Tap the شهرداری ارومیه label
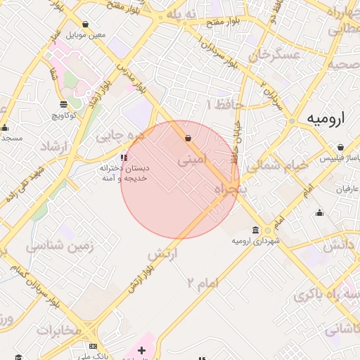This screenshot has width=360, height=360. (x=256, y=241)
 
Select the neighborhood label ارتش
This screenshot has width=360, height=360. (x=162, y=252)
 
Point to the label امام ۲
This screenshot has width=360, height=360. (x=203, y=283)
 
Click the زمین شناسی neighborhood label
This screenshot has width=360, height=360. (x=56, y=246)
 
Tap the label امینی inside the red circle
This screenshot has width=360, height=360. (x=193, y=160)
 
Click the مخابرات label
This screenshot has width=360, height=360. (x=59, y=330)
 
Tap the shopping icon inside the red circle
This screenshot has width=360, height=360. (x=188, y=138)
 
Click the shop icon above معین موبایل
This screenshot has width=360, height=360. (x=86, y=24)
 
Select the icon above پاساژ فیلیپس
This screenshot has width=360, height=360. (x=340, y=148)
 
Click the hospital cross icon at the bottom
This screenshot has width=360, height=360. (x=141, y=349)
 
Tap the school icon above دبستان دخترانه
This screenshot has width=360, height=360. (x=124, y=157)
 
